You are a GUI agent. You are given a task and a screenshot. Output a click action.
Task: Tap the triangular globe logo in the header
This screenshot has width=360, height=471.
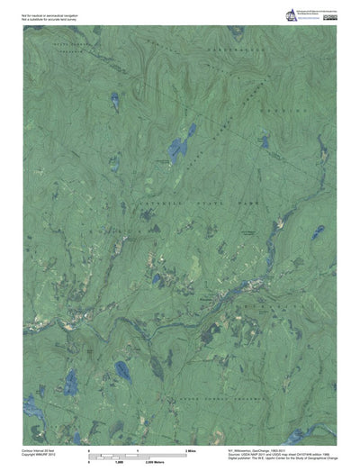[x=291, y=13]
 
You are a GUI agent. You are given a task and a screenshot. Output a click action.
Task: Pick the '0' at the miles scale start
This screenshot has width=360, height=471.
[x=88, y=449]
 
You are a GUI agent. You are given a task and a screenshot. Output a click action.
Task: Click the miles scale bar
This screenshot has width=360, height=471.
[x=135, y=454]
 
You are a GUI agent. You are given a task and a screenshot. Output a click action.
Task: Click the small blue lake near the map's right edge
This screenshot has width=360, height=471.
[x=318, y=231]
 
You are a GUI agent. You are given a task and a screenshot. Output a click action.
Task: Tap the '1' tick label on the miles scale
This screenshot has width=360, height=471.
[x=137, y=449]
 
